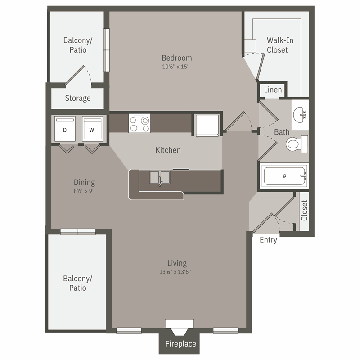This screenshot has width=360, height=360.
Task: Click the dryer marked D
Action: click(64, 130)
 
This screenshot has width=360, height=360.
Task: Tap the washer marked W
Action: click(92, 130)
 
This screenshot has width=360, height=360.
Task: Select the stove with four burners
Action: click(139, 124)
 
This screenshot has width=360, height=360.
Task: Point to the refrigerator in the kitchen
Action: click(207, 125)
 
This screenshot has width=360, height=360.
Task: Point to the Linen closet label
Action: click(273, 90)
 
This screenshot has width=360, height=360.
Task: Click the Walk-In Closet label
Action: click(280, 45)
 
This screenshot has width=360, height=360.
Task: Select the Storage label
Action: click(78, 98)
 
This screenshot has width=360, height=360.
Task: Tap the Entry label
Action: click(268, 240)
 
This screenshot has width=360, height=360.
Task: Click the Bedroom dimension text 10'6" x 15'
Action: click(177, 67)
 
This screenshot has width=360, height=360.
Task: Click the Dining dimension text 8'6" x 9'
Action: click(84, 190)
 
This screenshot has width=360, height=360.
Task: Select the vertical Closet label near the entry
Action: click(304, 211)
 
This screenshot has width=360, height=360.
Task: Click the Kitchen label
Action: click(168, 150)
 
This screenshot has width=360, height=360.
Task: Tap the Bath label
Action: click(282, 132)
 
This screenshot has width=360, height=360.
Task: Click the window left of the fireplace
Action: click(129, 331)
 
